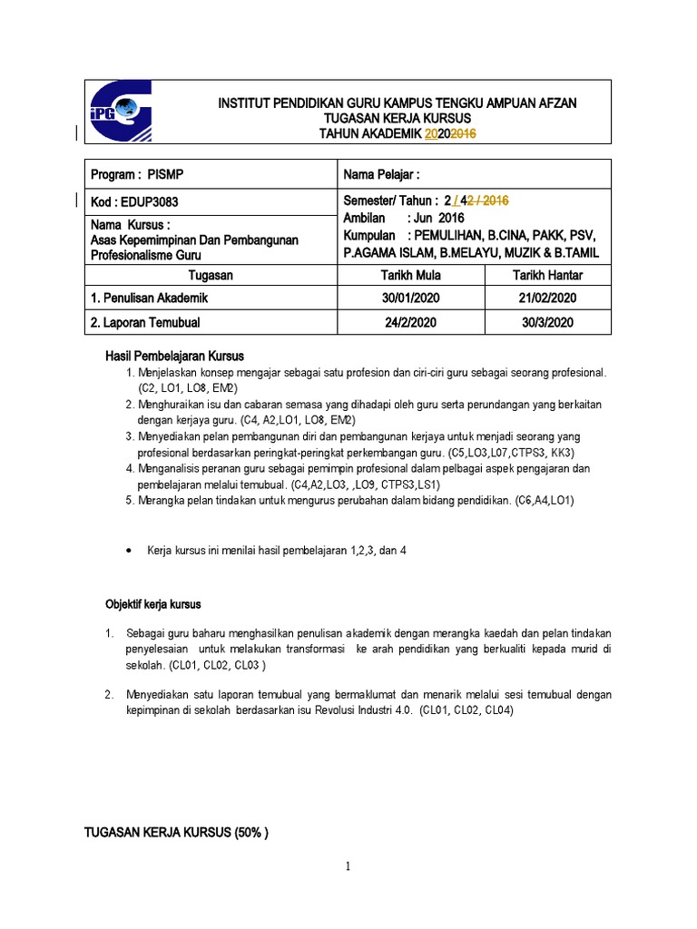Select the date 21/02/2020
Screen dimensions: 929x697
(548, 298)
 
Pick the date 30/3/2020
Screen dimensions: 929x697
(548, 322)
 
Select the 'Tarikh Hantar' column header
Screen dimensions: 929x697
(548, 275)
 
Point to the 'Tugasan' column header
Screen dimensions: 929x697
(210, 275)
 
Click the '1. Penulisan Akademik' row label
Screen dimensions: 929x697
(148, 298)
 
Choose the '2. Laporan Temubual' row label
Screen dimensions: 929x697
(145, 322)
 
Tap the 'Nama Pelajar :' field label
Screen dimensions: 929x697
(382, 174)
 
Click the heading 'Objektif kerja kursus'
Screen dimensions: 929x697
(153, 603)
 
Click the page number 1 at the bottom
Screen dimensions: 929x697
(348, 867)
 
